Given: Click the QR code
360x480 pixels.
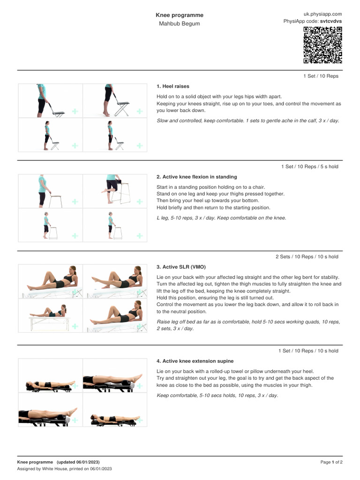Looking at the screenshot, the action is click(322, 45).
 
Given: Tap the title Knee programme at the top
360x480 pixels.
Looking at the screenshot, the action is click(180, 15).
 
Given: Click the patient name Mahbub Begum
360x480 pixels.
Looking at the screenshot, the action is click(180, 23).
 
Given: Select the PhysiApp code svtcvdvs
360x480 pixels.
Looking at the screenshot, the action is click(331, 21).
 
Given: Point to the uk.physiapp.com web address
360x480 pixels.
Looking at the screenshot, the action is click(322, 14).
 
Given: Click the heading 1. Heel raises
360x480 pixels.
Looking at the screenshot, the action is click(172, 86).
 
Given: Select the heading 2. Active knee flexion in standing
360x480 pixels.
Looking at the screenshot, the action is click(196, 177).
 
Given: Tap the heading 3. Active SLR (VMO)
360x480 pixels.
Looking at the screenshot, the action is click(181, 267).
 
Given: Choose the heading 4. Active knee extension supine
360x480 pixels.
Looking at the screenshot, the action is click(195, 361).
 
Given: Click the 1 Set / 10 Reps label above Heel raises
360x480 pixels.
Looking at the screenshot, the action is click(321, 76).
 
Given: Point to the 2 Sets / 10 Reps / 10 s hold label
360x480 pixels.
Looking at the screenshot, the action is click(307, 256).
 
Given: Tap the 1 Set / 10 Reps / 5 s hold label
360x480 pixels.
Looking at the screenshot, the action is click(310, 166).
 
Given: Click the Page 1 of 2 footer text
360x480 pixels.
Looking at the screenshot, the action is click(331, 462).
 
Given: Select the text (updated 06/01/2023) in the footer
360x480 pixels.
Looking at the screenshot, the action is click(78, 462).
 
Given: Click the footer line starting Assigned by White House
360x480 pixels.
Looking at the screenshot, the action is click(64, 469).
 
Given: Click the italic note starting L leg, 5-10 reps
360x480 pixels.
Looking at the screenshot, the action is click(221, 218).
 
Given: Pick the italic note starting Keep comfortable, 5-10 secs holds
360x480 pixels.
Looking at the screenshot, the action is click(217, 396).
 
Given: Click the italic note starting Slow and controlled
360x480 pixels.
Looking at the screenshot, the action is click(248, 120).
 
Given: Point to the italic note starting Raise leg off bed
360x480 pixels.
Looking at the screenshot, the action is click(248, 325).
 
